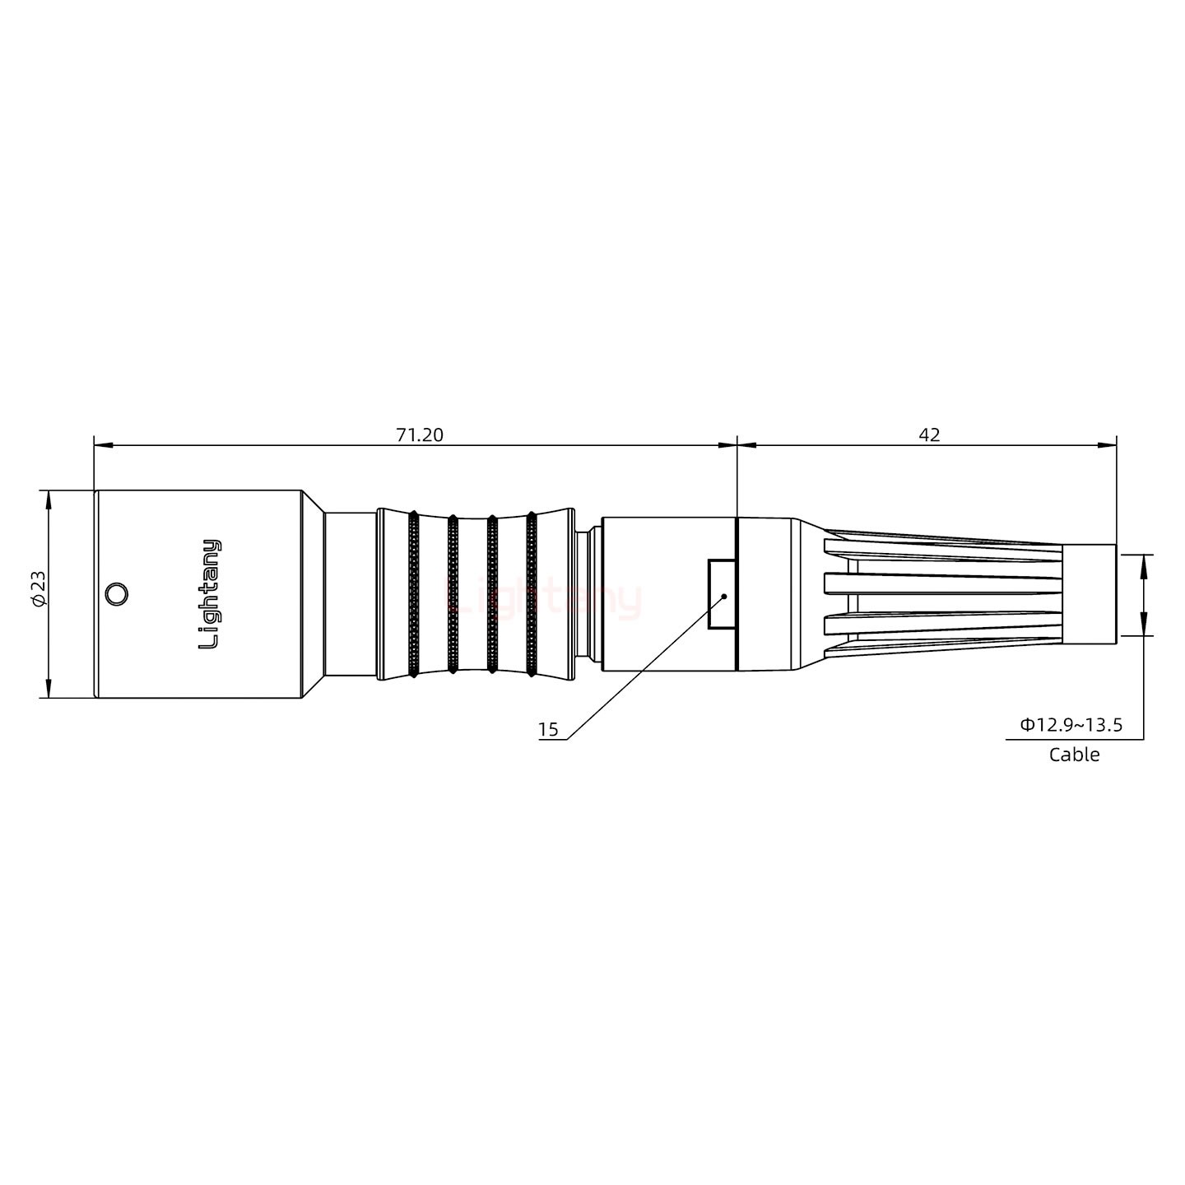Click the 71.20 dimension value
coord(419,434)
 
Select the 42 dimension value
coord(929,434)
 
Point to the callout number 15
coord(548,729)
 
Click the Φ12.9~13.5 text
coord(1071,725)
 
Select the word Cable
coord(1074,755)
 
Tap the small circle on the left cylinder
coord(117,594)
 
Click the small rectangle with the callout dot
coord(721,594)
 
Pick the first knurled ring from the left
coord(413,594)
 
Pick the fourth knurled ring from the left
coord(531,594)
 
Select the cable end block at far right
coord(1090,594)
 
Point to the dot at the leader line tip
coord(723,595)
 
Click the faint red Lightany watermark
coord(543,599)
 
